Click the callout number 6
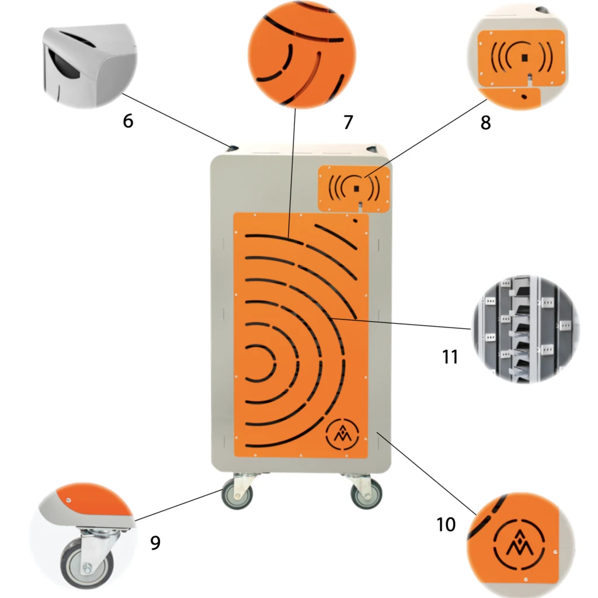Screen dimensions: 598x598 click(128, 121)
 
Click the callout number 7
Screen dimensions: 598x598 click(348, 123)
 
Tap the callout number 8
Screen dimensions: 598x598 click(485, 123)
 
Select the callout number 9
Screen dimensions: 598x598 click(155, 543)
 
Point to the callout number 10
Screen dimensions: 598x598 click(446, 525)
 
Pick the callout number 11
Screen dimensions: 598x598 click(450, 357)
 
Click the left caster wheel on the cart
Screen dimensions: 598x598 click(237, 493)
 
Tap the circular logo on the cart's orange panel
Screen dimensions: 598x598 click(342, 434)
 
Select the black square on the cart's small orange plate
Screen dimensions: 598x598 click(357, 189)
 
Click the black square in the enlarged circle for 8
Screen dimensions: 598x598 click(525, 57)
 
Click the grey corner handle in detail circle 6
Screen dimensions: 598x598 click(89, 65)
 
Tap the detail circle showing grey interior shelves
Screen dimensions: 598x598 click(526, 329)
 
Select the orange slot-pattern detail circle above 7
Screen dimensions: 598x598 click(302, 54)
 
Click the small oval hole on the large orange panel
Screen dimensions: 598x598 click(355, 220)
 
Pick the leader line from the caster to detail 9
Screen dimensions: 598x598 click(179, 505)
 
